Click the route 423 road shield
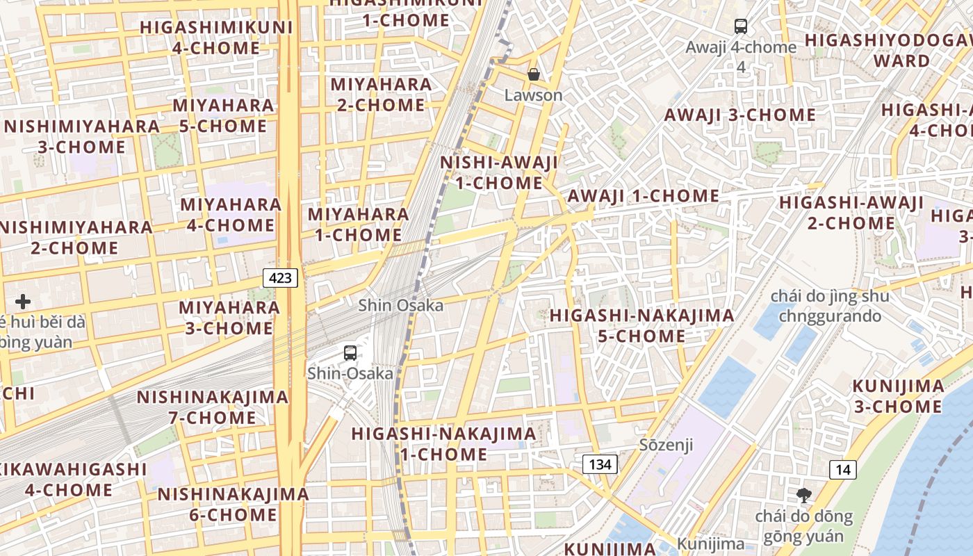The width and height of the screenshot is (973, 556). pyautogui.click(x=281, y=278)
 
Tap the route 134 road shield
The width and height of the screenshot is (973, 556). pyautogui.click(x=599, y=464)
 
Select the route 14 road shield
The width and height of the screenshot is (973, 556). pyautogui.click(x=842, y=469)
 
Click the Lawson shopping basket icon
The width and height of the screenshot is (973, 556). pyautogui.click(x=534, y=74)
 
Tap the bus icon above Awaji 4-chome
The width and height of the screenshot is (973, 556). pyautogui.click(x=741, y=26)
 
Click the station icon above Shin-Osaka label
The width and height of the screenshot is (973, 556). pyautogui.click(x=350, y=352)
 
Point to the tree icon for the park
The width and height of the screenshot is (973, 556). pyautogui.click(x=803, y=496)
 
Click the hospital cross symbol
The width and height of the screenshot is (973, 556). pyautogui.click(x=23, y=302)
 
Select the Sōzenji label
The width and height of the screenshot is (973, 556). pyautogui.click(x=666, y=445)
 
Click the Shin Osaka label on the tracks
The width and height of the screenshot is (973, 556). pyautogui.click(x=401, y=305)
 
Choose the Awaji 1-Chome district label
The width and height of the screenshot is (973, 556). pyautogui.click(x=644, y=196)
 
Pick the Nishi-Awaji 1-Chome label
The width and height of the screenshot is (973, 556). pyautogui.click(x=499, y=172)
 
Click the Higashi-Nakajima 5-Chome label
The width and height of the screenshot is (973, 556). pyautogui.click(x=641, y=325)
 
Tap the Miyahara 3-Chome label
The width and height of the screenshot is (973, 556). pyautogui.click(x=229, y=317)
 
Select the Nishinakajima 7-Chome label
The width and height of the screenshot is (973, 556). pyautogui.click(x=212, y=407)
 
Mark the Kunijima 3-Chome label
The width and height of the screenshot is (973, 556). pyautogui.click(x=898, y=396)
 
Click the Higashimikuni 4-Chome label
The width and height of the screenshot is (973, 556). pyautogui.click(x=216, y=38)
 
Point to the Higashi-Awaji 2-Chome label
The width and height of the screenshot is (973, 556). pyautogui.click(x=851, y=213)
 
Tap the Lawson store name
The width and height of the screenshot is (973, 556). pyautogui.click(x=534, y=95)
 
